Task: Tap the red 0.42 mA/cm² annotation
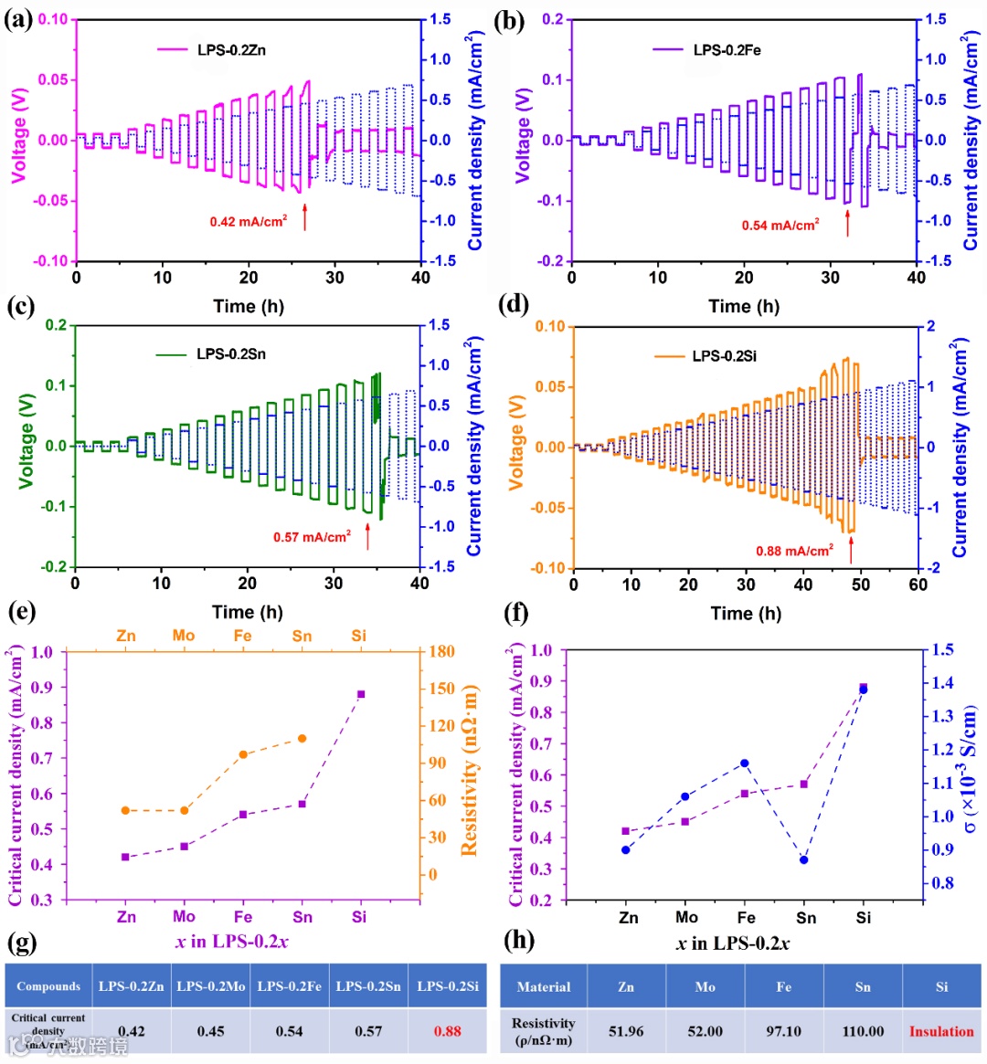point(248,222)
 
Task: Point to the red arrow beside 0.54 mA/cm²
point(847,223)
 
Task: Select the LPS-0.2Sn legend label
point(231,353)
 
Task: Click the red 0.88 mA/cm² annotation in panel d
point(794,551)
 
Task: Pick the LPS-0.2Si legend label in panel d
point(725,356)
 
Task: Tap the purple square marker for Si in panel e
point(361,694)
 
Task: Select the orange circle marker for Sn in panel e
point(302,739)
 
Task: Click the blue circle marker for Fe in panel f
point(745,764)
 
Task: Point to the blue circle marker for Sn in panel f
point(804,859)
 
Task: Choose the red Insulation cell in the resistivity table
point(941,1031)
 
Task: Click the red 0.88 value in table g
point(448,1031)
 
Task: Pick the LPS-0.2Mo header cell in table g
point(211,986)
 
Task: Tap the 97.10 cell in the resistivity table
point(783,1031)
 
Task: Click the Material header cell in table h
point(544,986)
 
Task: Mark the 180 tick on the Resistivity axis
point(442,651)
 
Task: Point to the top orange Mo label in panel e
point(184,636)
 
